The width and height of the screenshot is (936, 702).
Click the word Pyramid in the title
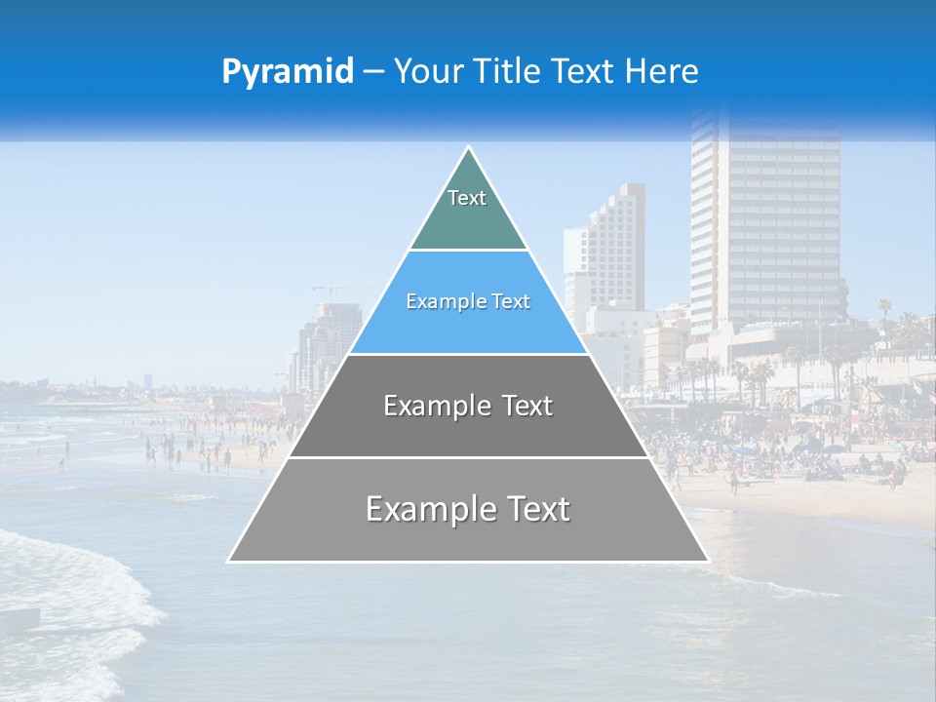288,72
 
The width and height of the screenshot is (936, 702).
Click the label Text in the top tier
467,198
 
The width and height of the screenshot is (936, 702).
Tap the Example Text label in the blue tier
468,302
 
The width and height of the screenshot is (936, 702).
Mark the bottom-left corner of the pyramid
228,561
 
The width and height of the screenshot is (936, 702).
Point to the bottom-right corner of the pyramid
708,561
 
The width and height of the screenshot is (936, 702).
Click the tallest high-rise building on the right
765,224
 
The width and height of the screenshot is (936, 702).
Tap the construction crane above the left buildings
331,290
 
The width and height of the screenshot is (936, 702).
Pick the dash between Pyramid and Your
373,72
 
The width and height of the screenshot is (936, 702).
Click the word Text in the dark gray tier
516,406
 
